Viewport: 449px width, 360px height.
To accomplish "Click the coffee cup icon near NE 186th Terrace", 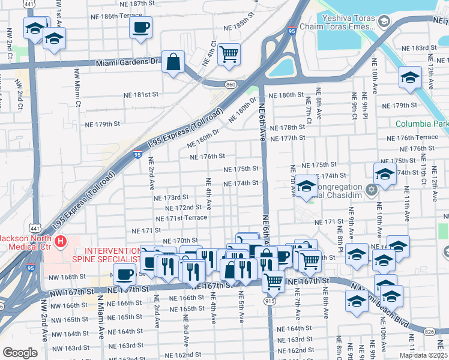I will point(140,27).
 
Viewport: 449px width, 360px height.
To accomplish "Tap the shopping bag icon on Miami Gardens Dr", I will point(173,62).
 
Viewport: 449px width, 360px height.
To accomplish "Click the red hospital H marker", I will point(60,242).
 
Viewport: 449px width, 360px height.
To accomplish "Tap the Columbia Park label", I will point(422,124).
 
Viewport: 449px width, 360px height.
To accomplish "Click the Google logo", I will point(19,353).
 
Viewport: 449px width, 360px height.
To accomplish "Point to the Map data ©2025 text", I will point(423,355).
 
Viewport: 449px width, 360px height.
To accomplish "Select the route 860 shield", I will point(231,85).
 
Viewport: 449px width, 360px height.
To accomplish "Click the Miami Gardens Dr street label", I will point(128,62).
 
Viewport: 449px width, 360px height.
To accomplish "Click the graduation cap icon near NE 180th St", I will point(410,77).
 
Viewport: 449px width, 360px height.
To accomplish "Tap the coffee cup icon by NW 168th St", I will point(124,274).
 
